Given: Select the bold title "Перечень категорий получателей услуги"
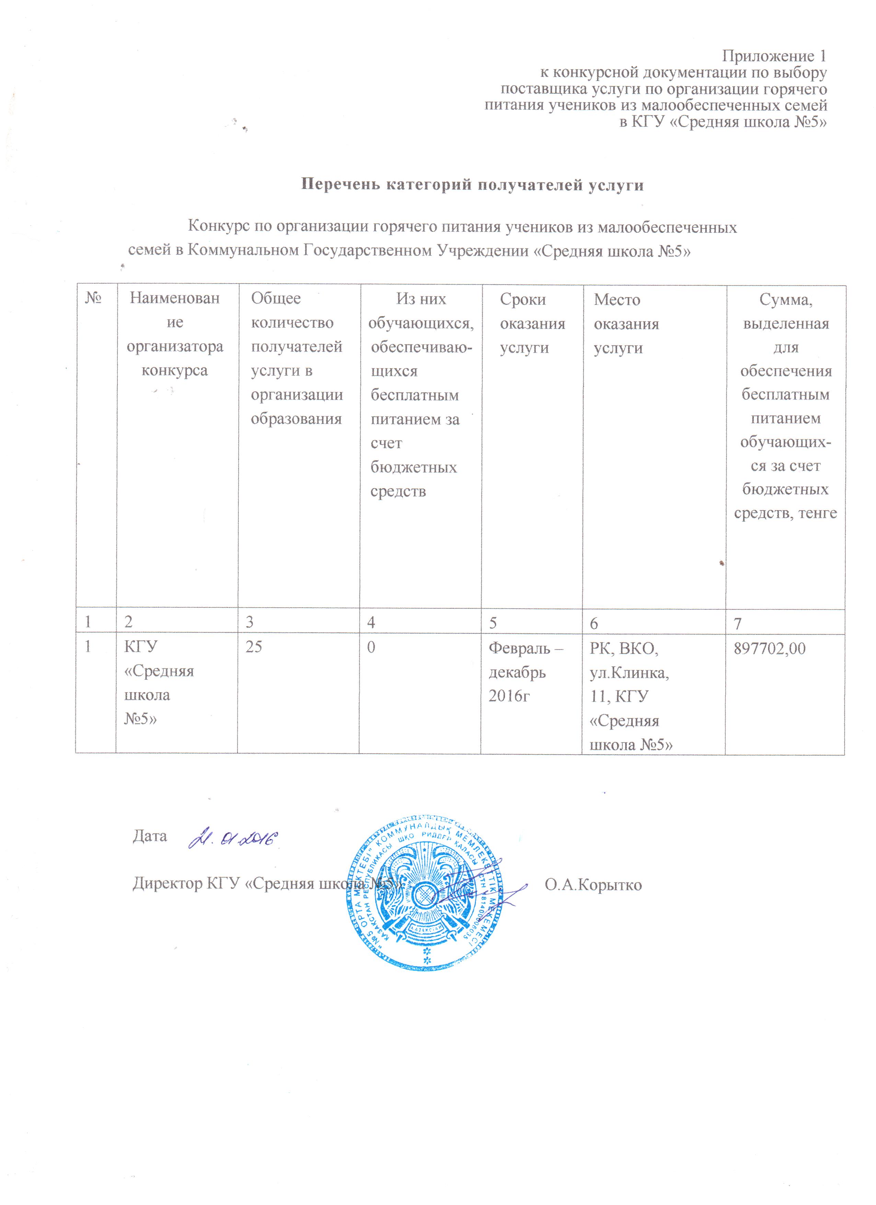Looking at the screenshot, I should (472, 185).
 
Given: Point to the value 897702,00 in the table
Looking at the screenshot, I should (769, 649).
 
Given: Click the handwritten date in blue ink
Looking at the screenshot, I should (234, 838).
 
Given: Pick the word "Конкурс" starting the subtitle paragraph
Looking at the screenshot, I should (218, 227).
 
